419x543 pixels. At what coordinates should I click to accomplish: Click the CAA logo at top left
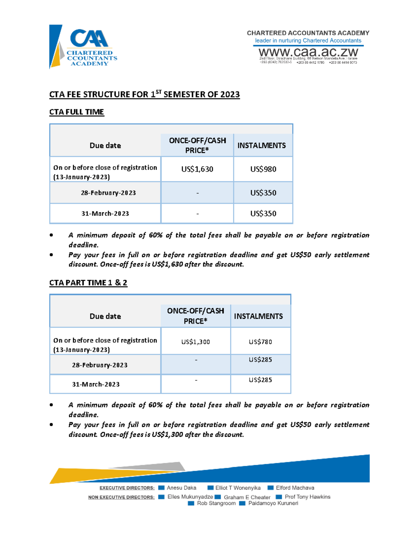click(x=84, y=47)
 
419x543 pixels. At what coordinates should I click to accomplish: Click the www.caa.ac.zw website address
click(x=308, y=52)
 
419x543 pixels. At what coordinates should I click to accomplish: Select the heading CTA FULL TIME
click(x=76, y=112)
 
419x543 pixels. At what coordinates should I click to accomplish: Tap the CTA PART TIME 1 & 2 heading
click(x=88, y=283)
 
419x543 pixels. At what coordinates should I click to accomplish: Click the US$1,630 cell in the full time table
click(x=197, y=169)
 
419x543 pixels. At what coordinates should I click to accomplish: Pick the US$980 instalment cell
click(x=263, y=169)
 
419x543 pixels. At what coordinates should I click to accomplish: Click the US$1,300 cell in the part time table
click(x=196, y=342)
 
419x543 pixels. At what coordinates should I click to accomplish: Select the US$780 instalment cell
click(x=260, y=342)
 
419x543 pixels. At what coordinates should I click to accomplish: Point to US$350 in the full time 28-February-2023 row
click(x=263, y=193)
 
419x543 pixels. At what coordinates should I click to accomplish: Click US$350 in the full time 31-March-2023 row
click(x=263, y=214)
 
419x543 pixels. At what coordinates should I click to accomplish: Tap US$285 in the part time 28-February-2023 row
click(x=260, y=360)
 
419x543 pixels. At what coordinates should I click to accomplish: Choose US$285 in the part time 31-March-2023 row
click(x=260, y=380)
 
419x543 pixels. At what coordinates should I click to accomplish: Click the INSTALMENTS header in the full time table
click(x=262, y=145)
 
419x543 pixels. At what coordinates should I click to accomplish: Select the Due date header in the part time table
click(x=105, y=316)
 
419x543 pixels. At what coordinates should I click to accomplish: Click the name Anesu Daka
click(x=181, y=488)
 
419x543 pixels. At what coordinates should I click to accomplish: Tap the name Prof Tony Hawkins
click(x=307, y=497)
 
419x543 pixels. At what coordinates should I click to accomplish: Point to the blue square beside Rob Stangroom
click(x=191, y=503)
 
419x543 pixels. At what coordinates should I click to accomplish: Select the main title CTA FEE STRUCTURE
click(x=144, y=94)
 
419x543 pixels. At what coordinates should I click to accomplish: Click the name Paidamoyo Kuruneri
click(x=273, y=503)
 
